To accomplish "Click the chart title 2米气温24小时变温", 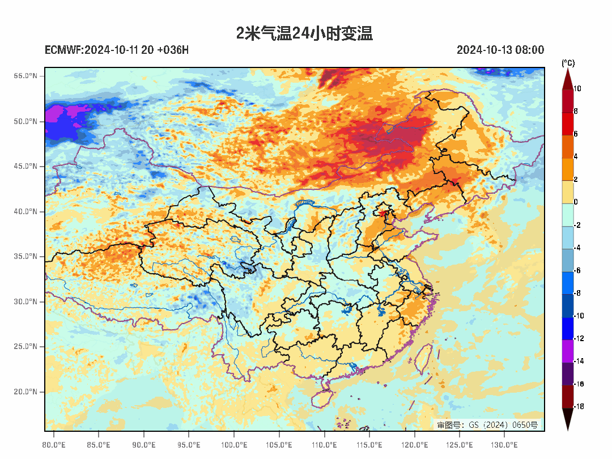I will point(304,33).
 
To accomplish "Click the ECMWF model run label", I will point(117,50).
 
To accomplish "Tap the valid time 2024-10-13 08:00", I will point(500,50).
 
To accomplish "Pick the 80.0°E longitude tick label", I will point(54,444).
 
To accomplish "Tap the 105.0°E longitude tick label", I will point(279,444).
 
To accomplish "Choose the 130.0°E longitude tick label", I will point(504,444).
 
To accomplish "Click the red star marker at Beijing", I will point(382,213).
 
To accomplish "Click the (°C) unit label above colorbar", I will point(568,63).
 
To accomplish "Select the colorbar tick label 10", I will point(577,88).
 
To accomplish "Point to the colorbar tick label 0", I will point(576,202).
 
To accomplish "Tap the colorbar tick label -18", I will point(578,406).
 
